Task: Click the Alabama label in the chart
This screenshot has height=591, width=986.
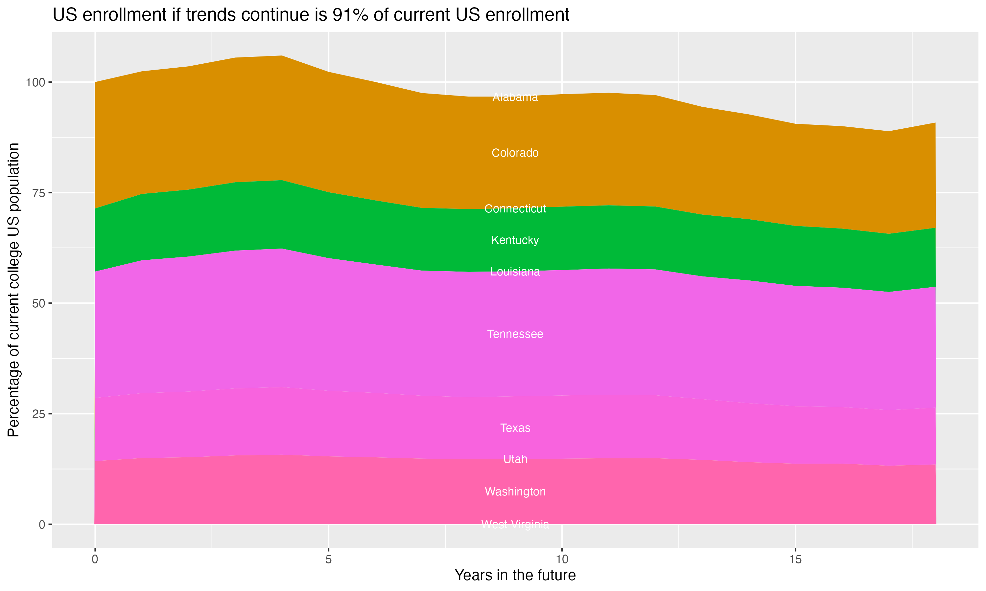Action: (x=515, y=97)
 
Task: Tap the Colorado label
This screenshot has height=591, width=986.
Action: (x=515, y=153)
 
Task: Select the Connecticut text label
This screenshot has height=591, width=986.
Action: (x=515, y=209)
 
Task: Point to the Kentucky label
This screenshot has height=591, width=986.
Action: (x=515, y=240)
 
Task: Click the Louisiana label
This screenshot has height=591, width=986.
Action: (x=515, y=272)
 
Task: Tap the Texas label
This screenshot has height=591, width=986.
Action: (x=515, y=428)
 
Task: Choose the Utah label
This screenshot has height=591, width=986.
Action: (x=515, y=459)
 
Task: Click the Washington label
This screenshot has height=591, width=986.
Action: (x=515, y=492)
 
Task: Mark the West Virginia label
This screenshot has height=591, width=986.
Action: (x=515, y=524)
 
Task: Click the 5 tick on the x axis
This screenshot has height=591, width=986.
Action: (x=328, y=559)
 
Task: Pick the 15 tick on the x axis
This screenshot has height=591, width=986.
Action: (x=795, y=559)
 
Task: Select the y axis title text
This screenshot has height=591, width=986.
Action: (x=13, y=290)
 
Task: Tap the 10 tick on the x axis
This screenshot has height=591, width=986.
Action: (x=562, y=559)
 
